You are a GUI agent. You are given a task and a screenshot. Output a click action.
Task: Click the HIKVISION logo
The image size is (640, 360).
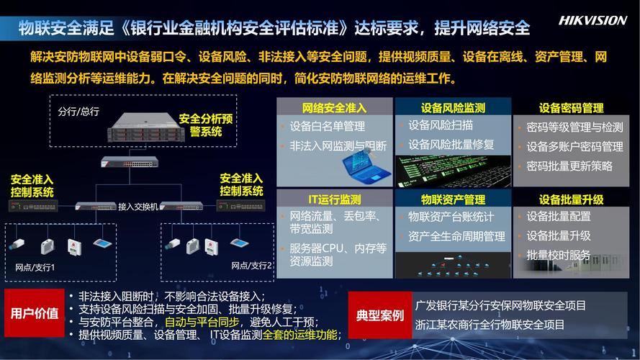(592, 20)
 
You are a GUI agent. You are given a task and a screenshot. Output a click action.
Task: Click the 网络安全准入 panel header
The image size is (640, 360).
(334, 108)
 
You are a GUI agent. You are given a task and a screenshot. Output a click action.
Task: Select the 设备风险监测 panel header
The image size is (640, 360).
(453, 108)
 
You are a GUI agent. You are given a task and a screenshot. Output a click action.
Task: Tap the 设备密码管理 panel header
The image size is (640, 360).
(571, 108)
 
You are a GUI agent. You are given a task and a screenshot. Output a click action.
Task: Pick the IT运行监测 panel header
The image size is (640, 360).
(334, 199)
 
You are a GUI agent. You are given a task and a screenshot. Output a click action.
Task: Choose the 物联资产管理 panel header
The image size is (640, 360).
(453, 199)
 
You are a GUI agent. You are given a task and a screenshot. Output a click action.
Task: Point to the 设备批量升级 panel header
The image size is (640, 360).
(571, 199)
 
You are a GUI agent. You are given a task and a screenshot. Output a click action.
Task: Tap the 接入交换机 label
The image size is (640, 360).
(138, 207)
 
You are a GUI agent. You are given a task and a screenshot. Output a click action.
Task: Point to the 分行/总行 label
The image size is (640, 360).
(78, 112)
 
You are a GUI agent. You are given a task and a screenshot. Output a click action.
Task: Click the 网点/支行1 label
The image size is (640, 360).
(35, 267)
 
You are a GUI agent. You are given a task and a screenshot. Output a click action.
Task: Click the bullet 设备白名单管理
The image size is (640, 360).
(327, 126)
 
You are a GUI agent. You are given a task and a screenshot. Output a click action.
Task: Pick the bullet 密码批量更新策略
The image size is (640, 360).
(569, 166)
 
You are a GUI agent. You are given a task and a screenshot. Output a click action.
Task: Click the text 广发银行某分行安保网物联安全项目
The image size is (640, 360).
(500, 305)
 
